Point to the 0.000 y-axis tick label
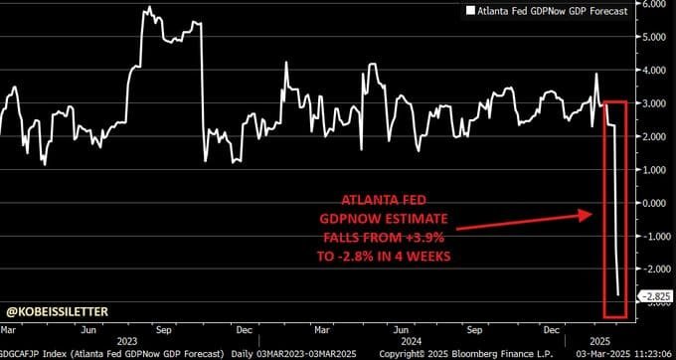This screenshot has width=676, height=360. pyautogui.click(x=654, y=203)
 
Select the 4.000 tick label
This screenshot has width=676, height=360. pyautogui.click(x=654, y=72)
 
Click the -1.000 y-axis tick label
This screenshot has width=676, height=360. pyautogui.click(x=653, y=236)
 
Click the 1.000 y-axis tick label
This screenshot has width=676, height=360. pyautogui.click(x=654, y=170)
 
